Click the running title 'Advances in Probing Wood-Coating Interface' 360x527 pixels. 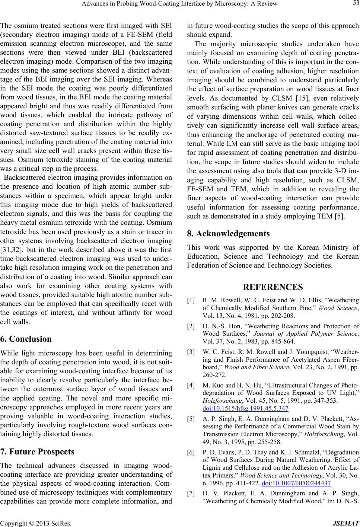[180, 4]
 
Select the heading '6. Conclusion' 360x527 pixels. [26, 339]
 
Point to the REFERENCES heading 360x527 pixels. [273, 287]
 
